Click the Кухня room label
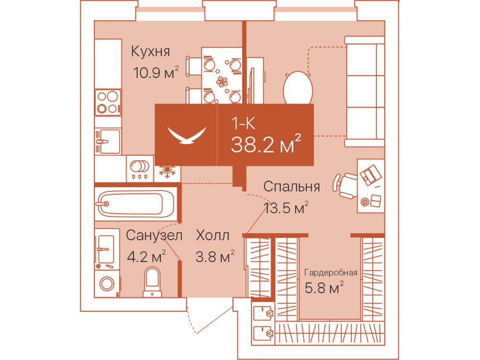pos(150,51)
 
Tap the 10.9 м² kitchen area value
pos(156,72)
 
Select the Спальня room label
pos(291,186)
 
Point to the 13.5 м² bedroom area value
pos(286,207)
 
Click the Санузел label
pos(154,235)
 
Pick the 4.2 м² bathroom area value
pos(146,256)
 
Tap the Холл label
pos(213,235)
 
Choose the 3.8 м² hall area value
pos(215,256)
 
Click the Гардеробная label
pos(331,273)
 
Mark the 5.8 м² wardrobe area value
pos(324,288)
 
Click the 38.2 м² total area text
pos(266,144)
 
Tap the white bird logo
pos(187,135)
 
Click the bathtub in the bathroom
pos(136,204)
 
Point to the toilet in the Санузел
pos(152,282)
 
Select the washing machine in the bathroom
pos(107,283)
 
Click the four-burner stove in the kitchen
pos(108,103)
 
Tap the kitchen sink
pos(108,141)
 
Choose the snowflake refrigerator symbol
pos(167,172)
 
